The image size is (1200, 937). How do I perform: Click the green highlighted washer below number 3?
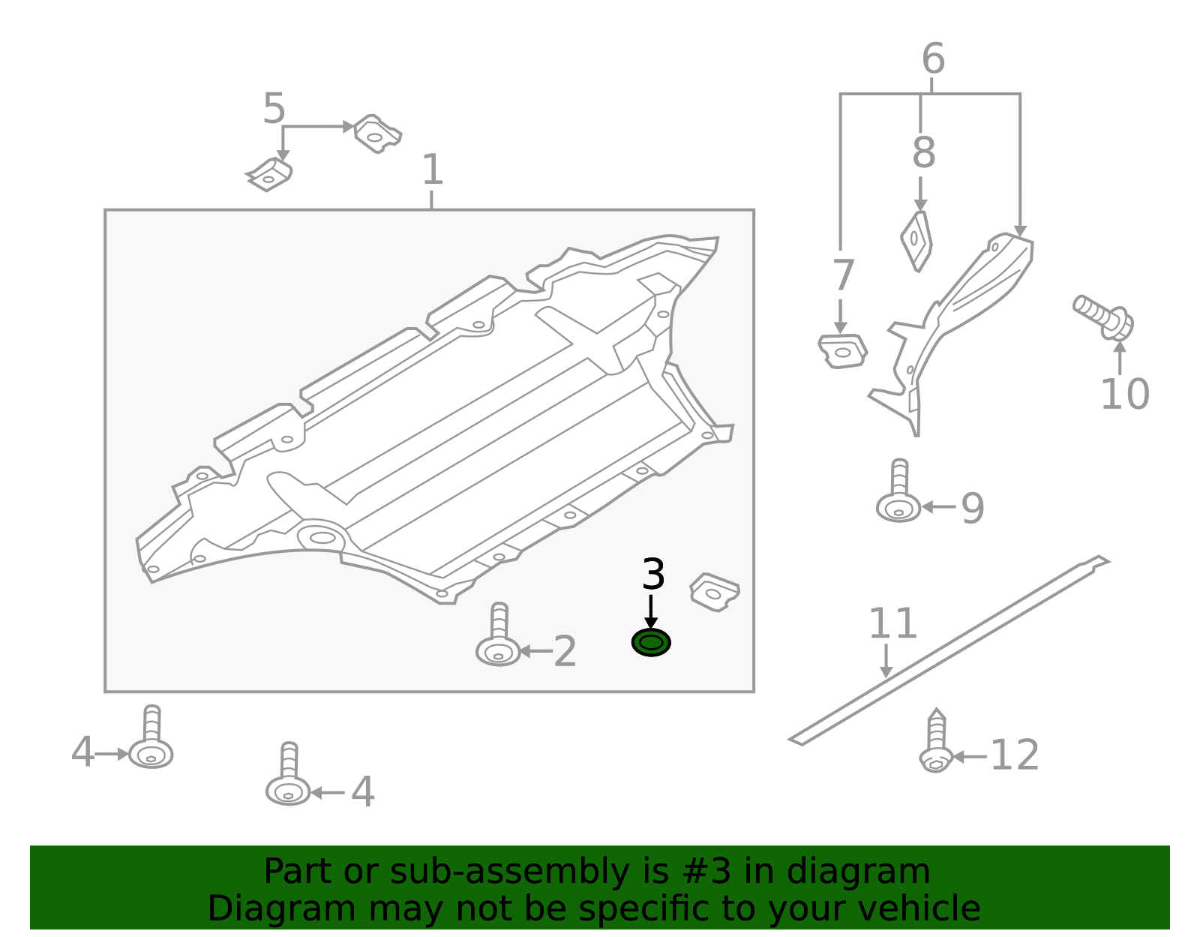click(651, 643)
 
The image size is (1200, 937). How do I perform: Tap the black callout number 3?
click(653, 575)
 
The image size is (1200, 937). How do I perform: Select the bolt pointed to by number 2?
click(498, 638)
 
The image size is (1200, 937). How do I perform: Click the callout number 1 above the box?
click(432, 170)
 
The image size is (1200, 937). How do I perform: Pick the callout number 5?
click(274, 110)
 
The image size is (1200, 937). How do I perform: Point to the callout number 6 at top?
click(932, 59)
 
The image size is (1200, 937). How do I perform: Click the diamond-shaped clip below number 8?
click(916, 240)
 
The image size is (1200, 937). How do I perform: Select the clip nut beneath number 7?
click(842, 351)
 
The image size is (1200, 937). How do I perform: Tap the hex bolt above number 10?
click(1104, 317)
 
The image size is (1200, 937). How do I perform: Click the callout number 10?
click(1124, 395)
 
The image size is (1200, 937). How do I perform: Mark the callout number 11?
click(892, 623)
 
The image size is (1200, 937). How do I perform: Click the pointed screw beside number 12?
click(936, 743)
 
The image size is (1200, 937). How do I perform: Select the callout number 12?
click(1014, 755)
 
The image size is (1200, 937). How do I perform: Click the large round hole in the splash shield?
click(322, 538)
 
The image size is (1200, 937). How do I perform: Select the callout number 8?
click(923, 152)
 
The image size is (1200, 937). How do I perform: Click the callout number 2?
click(565, 652)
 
